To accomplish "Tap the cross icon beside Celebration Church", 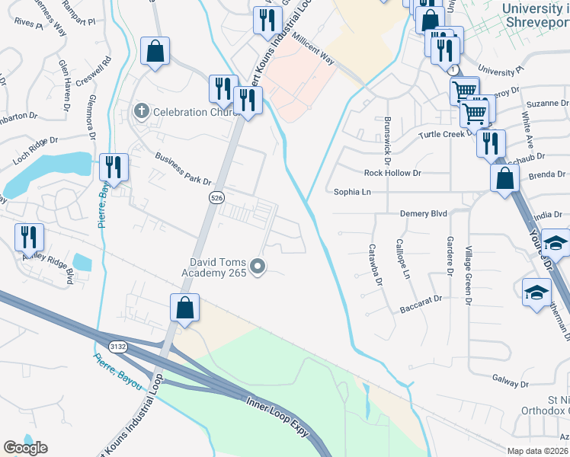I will (140, 112).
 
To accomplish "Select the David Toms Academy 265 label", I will (213, 267).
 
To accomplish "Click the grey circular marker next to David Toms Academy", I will (258, 266).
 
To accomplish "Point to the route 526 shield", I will (217, 197).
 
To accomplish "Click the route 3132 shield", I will (117, 346).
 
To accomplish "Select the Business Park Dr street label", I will (183, 169).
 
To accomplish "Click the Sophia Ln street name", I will (352, 193).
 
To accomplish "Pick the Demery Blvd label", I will (424, 214).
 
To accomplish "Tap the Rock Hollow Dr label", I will (392, 173).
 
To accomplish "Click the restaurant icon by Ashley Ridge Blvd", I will (30, 237).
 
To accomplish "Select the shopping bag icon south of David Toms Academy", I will (184, 308).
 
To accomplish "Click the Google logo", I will (25, 447).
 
